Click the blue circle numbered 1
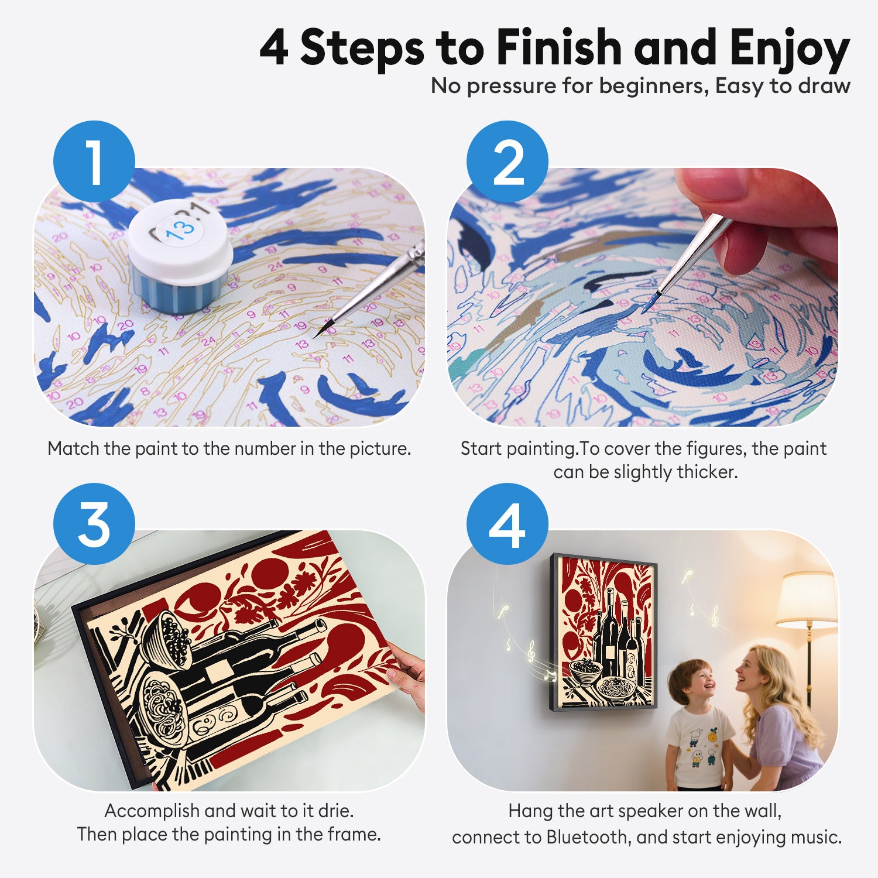94,162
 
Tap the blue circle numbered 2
507,162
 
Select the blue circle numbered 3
94,524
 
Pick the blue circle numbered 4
507,524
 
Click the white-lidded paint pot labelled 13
180,255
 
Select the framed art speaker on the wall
603,632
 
